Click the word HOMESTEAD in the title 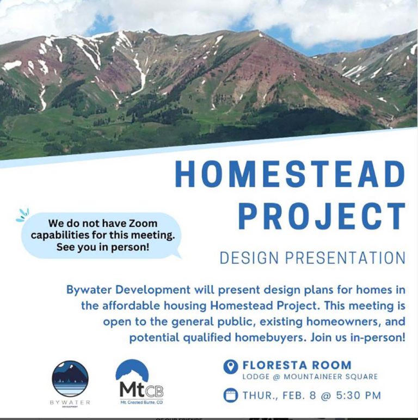pyautogui.click(x=290, y=175)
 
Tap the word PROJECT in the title pyautogui.click(x=322, y=216)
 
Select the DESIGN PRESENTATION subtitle pyautogui.click(x=312, y=257)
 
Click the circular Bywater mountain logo pyautogui.click(x=70, y=379)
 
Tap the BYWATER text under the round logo pyautogui.click(x=70, y=403)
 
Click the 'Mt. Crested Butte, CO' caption pyautogui.click(x=141, y=403)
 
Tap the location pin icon pyautogui.click(x=231, y=366)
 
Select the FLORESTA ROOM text pyautogui.click(x=297, y=365)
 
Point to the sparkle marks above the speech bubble pyautogui.click(x=22, y=215)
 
